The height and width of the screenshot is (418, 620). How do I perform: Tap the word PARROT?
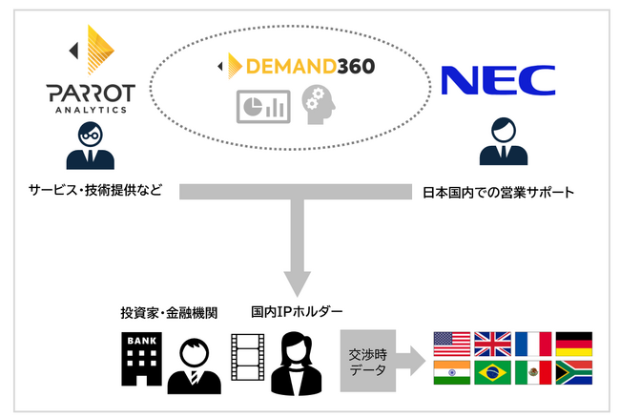[92, 94]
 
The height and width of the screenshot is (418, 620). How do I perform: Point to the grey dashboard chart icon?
[263, 104]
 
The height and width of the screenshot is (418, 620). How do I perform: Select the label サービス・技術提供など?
[91, 190]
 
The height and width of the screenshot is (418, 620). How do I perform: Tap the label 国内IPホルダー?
[289, 312]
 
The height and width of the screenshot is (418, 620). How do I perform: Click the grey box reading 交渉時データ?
[366, 361]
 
